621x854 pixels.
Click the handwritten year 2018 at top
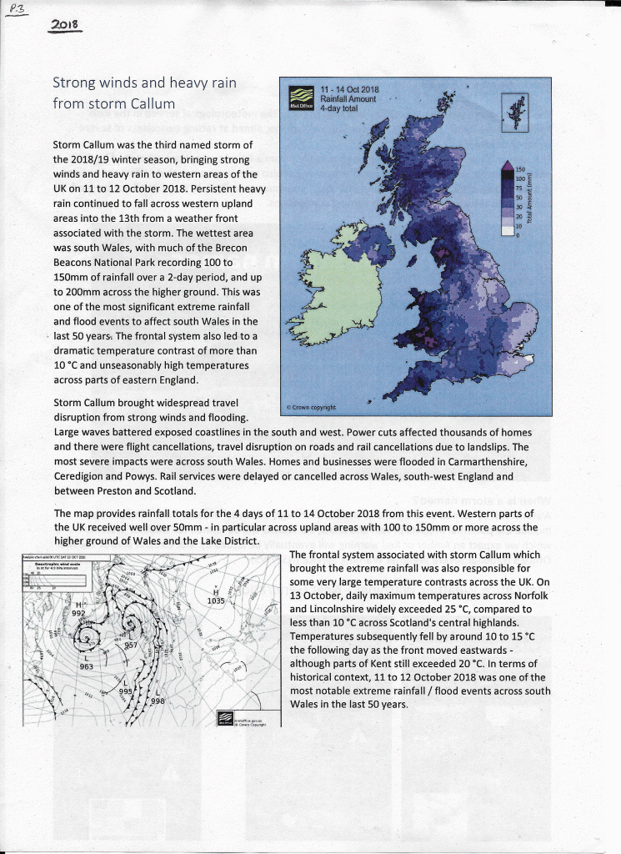click(x=65, y=25)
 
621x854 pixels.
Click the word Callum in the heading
click(x=153, y=104)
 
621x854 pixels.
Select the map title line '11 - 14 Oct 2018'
click(x=349, y=90)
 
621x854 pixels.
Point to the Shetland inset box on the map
click(x=514, y=112)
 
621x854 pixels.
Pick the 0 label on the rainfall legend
click(x=518, y=235)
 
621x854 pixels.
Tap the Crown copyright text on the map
click(x=311, y=407)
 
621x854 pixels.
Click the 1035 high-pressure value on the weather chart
click(x=215, y=600)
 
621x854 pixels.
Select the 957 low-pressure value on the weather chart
click(x=131, y=645)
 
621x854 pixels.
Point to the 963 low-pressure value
click(x=86, y=666)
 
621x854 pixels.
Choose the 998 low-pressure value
click(x=158, y=701)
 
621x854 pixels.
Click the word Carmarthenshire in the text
click(x=486, y=461)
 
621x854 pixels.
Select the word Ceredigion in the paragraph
click(x=84, y=476)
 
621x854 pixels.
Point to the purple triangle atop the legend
click(x=507, y=170)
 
